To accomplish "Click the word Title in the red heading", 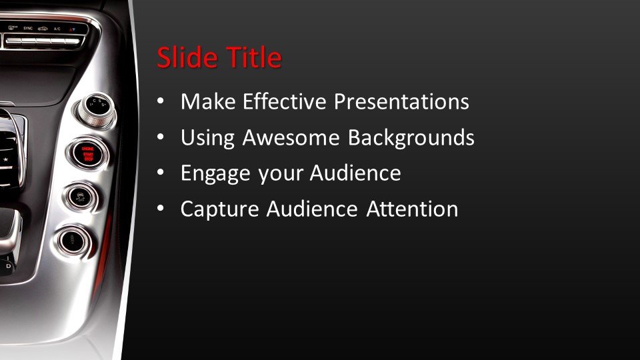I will pos(252,58).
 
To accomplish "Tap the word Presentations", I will pos(401,102).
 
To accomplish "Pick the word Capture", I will pos(219,209).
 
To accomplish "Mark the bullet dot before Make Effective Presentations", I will pos(160,103).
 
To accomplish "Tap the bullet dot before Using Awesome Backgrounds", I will pos(160,138).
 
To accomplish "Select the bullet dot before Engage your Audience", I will pos(160,174).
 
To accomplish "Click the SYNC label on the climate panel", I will pos(28,29).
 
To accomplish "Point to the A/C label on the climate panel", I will pos(57,29).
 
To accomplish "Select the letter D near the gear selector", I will pos(8,266).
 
